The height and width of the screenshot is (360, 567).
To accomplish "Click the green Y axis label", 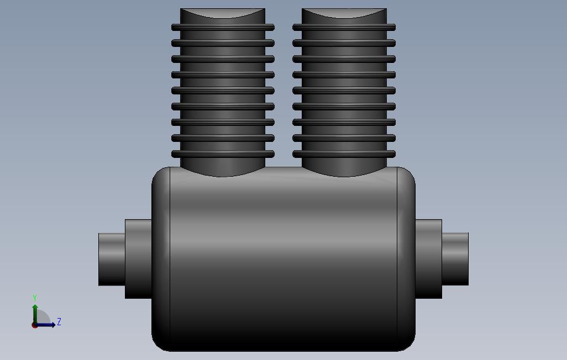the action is click(x=35, y=298).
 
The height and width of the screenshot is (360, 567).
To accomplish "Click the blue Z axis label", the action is click(x=59, y=322).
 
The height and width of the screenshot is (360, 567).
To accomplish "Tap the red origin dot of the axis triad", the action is click(x=34, y=325).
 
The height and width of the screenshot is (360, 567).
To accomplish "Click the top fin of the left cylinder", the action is click(x=223, y=27).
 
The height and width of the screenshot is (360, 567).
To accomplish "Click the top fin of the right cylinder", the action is click(x=344, y=27).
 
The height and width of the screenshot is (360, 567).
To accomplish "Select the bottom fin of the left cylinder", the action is click(x=223, y=154).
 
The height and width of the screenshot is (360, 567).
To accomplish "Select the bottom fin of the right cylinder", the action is click(x=344, y=154).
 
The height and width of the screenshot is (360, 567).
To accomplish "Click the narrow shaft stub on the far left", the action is click(x=112, y=259).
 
